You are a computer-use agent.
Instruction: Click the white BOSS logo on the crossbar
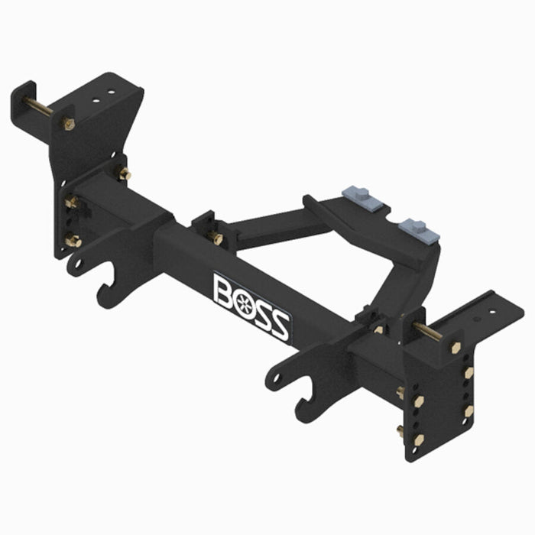251,306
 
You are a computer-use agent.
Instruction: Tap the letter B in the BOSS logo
225,290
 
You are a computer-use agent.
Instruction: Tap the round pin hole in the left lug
76,264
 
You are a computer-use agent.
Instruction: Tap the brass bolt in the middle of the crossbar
216,239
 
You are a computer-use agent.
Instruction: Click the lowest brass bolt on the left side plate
73,242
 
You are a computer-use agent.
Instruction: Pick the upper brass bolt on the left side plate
71,203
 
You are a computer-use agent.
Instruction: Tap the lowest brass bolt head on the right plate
419,439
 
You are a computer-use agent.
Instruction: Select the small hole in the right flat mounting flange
479,322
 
